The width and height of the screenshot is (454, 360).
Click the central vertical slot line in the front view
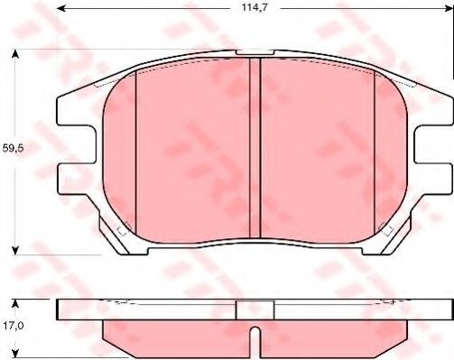point(260,144)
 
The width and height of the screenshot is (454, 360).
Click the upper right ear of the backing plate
point(436,109)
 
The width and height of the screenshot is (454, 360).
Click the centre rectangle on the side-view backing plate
point(255,309)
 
